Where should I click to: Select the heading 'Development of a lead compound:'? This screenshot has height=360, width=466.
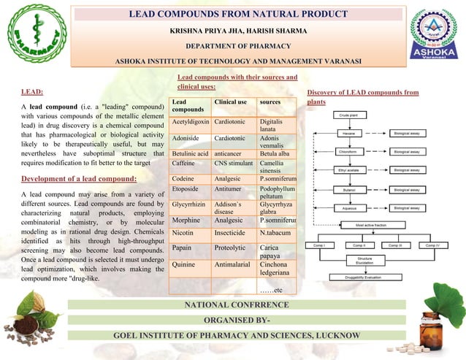coord(79,179)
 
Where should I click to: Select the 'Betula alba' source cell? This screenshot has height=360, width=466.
coord(275,154)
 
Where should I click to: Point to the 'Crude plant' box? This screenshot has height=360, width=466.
coord(350,115)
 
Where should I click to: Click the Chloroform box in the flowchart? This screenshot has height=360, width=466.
coord(350,152)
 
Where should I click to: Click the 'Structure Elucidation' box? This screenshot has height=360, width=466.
coord(365,260)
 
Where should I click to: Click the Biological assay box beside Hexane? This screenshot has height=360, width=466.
coord(406,134)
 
